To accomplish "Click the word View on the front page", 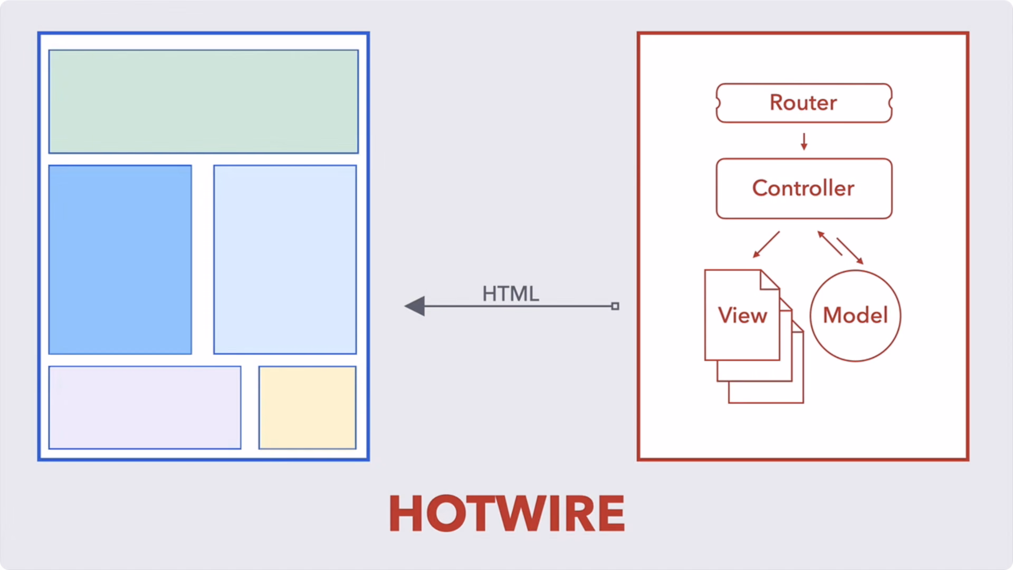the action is tap(742, 315).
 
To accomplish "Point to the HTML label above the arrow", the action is tap(511, 293).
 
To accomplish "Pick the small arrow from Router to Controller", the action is tap(804, 141).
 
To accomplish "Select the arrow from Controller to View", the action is tap(766, 244).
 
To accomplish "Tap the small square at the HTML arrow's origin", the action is tap(615, 306).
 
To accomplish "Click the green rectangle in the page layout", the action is tap(204, 102).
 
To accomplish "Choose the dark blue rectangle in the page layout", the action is tap(120, 260).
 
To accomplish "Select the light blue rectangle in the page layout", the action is tap(285, 260).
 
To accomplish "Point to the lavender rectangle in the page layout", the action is tap(145, 407).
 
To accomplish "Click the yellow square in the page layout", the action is tap(308, 407).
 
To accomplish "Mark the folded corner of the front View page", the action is tap(769, 280).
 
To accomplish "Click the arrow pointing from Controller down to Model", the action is tap(850, 251).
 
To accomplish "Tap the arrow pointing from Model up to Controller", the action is tap(830, 243).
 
